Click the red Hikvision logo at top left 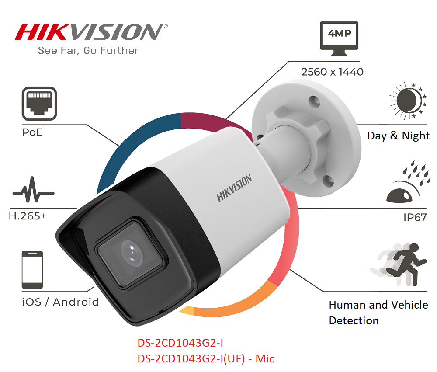click(91, 32)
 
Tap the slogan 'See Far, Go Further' click(88, 50)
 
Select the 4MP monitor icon click(339, 38)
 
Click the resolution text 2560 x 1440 click(332, 72)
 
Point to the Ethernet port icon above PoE click(39, 104)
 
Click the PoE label click(32, 132)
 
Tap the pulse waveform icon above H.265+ click(34, 190)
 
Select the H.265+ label click(27, 216)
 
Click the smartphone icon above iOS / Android click(32, 270)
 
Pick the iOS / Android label click(60, 302)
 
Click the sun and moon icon click(408, 100)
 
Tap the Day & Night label click(398, 136)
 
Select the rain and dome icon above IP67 click(408, 181)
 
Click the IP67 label click(415, 217)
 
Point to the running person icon click(399, 264)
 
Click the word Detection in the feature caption click(354, 321)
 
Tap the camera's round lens click(132, 254)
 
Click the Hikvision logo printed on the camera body click(234, 188)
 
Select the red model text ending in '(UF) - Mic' click(206, 358)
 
